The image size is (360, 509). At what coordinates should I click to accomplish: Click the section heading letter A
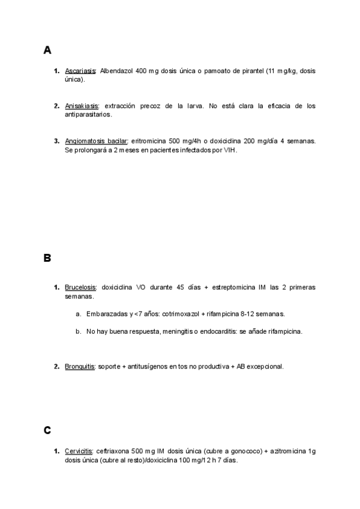[x=47, y=50]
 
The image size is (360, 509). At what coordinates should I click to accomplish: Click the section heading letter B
[x=47, y=259]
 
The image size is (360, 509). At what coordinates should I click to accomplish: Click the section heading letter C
[x=47, y=430]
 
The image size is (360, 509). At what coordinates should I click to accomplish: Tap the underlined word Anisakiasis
[x=82, y=106]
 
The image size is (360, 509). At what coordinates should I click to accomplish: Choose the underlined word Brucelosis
[x=81, y=288]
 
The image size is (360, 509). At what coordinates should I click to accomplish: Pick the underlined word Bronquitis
[x=80, y=366]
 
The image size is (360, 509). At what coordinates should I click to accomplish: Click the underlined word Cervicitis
[x=79, y=451]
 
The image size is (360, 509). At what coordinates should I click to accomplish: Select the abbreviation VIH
[x=230, y=151]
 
